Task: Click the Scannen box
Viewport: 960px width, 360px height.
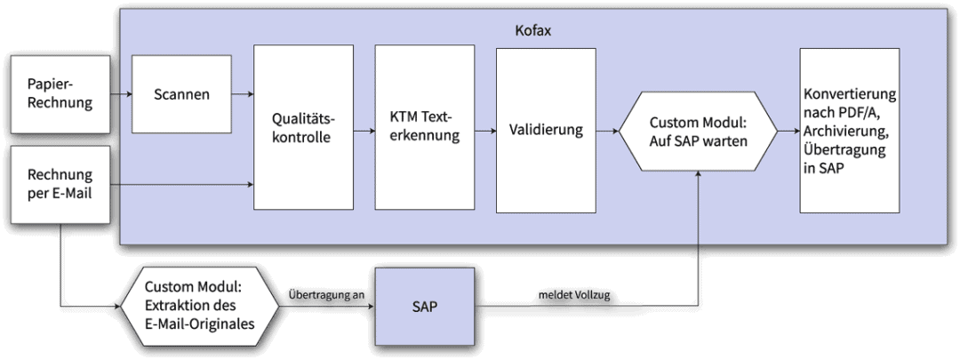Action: [180, 93]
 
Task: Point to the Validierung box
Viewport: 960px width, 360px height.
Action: [545, 131]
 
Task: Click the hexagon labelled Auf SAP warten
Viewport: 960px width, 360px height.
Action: [698, 131]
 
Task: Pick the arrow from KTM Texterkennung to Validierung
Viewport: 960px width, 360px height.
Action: [484, 132]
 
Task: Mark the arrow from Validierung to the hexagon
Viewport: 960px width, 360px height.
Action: [609, 132]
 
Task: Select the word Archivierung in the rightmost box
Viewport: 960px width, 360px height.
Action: [844, 131]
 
